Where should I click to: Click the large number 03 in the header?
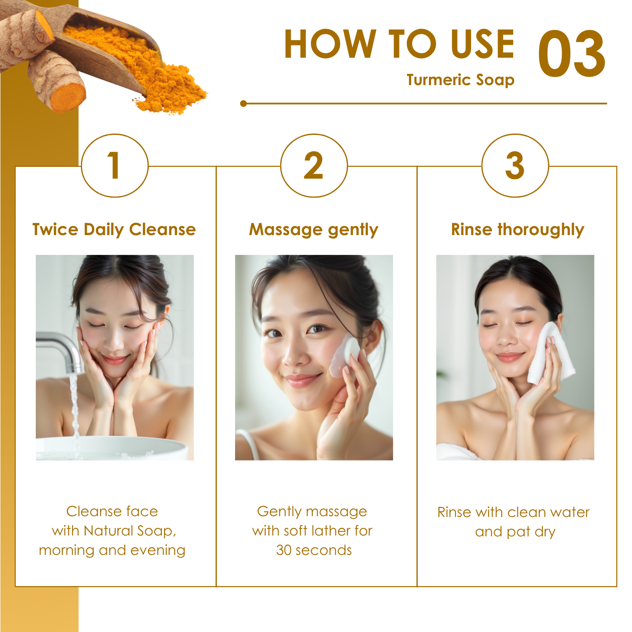coord(572,54)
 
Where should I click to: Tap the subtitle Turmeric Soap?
coord(461,80)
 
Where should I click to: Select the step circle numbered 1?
coord(115,165)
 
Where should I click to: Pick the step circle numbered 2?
coord(314,165)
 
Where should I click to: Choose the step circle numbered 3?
coord(515,165)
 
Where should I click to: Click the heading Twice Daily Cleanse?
coord(114,230)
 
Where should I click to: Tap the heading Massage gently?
coord(314,230)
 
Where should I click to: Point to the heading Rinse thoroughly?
coord(517,230)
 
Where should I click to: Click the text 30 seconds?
coord(314,550)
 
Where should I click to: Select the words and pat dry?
coord(515,532)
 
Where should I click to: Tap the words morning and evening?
coord(112,551)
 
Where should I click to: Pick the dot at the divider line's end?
coord(243,103)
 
